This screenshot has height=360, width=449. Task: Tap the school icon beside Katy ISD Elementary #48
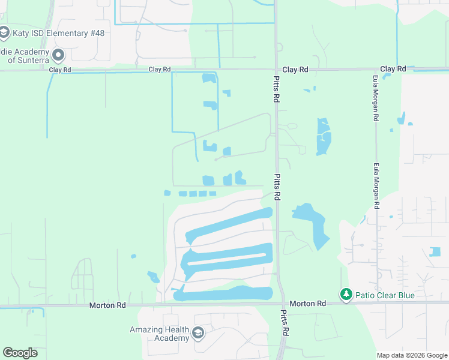(x=5, y=32)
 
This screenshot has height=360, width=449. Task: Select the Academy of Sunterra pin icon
(x=58, y=56)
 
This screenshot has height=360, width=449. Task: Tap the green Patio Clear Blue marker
(x=345, y=295)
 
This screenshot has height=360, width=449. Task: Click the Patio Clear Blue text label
(x=384, y=295)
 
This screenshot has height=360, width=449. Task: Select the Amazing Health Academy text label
(x=160, y=334)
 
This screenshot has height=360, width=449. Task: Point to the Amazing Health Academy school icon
(x=198, y=332)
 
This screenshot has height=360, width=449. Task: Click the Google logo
(x=20, y=353)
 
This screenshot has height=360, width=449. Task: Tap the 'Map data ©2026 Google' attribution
(x=412, y=355)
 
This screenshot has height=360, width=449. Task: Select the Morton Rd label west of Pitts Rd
(x=107, y=305)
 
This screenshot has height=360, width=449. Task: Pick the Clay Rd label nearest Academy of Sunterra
(x=60, y=70)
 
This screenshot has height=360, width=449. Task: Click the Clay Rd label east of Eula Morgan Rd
(x=393, y=69)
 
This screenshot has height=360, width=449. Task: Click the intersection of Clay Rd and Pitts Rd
(x=276, y=70)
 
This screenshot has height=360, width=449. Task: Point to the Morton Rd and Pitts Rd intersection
(x=282, y=304)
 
